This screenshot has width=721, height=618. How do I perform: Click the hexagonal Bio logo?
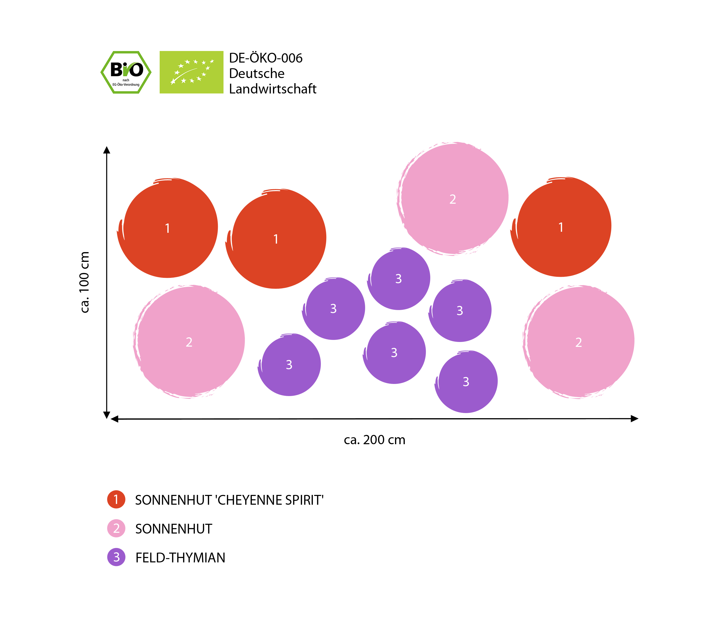[126, 72]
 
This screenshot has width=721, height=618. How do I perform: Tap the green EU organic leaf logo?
[191, 72]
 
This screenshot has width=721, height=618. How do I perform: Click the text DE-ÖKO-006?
[265, 58]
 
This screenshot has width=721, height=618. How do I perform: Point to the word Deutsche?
[256, 73]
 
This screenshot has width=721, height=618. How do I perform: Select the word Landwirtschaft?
[272, 89]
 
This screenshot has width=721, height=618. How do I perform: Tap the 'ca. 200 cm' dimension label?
[374, 440]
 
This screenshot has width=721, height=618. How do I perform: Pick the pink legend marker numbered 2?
[116, 529]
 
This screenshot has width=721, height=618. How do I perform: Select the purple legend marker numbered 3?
[116, 557]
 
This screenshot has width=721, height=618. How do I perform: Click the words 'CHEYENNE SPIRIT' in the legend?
[270, 500]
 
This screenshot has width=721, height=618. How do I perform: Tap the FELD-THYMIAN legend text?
[180, 558]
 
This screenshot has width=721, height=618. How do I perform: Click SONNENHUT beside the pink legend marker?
[174, 529]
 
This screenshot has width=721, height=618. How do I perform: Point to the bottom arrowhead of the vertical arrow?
[107, 415]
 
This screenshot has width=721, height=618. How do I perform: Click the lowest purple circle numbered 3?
[466, 382]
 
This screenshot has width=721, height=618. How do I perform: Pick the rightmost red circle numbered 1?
[561, 227]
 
